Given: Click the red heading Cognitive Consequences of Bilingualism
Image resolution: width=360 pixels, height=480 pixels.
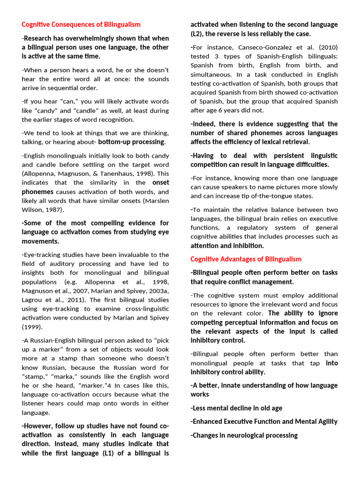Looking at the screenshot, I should coord(81,24).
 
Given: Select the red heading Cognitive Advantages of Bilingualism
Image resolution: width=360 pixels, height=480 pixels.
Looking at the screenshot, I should coord(246,259).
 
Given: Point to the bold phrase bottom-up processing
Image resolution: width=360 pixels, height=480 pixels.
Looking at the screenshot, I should coord(131,142).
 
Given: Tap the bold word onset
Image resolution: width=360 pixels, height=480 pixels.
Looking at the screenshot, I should coord(161,183).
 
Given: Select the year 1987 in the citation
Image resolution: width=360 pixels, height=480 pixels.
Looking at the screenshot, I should coord(55,210).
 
